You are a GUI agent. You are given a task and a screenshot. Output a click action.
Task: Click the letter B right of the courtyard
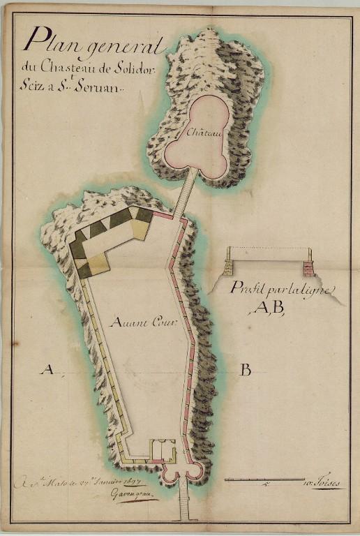(245, 370)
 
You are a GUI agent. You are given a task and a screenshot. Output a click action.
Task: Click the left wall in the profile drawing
(229, 268)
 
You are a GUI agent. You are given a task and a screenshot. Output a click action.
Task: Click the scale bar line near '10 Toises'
(262, 479)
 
